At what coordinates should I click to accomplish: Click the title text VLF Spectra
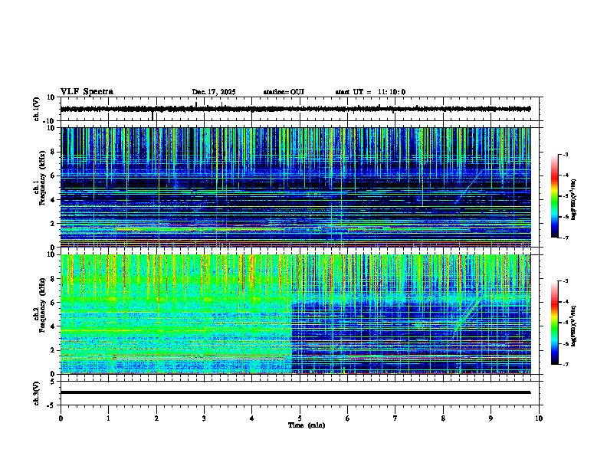pos(87,92)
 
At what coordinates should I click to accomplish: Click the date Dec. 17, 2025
pos(214,92)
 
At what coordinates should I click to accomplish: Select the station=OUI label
pos(284,92)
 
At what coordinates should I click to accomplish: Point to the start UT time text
pos(370,92)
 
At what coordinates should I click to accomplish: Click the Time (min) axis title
pos(300,425)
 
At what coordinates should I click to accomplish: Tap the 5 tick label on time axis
pos(300,418)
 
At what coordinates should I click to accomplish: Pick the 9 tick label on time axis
pos(491,418)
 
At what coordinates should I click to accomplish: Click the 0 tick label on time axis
pos(61,418)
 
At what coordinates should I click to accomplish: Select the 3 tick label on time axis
pos(204,418)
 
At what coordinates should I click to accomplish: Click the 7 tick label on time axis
pos(395,418)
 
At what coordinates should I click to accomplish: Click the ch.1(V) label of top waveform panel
pos(37,110)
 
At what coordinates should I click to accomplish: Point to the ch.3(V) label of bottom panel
pos(37,392)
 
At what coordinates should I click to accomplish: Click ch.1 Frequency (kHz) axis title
pos(38,188)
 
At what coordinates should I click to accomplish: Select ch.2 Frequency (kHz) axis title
pos(38,314)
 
